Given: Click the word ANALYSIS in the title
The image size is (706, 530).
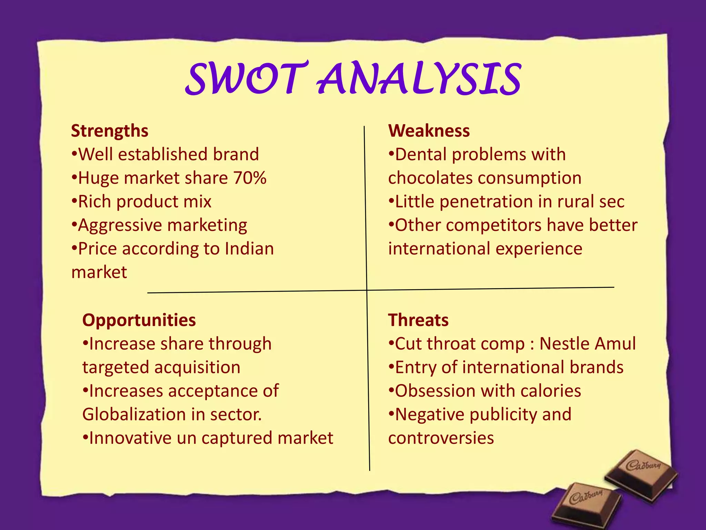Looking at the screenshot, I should click(x=418, y=79).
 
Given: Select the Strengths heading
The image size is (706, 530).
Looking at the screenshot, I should click(x=110, y=131).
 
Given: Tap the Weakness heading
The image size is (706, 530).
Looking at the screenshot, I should click(x=429, y=131).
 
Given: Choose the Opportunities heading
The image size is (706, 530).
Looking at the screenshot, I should click(x=139, y=320).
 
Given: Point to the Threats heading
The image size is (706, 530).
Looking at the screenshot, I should click(x=418, y=320).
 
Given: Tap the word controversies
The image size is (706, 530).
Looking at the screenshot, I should click(x=441, y=438).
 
